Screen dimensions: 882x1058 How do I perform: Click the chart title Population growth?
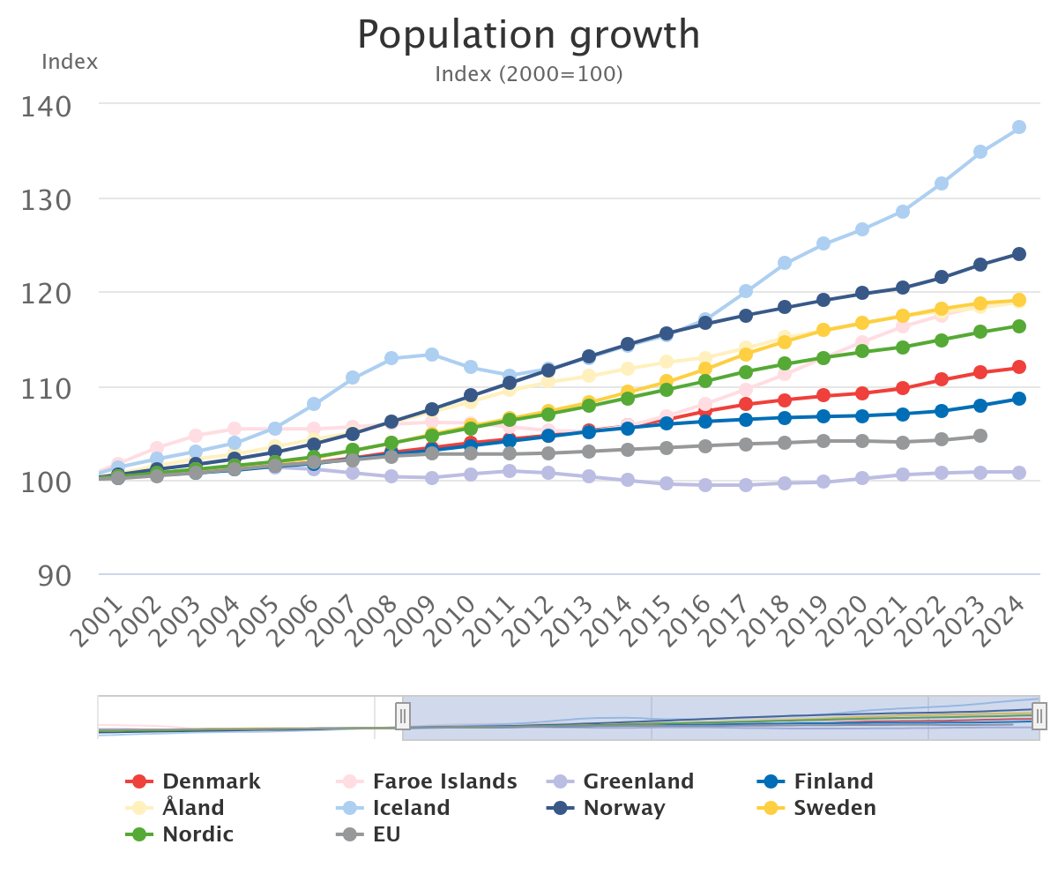[529, 35]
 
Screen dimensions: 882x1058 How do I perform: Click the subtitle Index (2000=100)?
[529, 74]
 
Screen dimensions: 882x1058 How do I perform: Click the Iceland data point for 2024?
[1019, 127]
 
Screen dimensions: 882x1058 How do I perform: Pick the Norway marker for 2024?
[1019, 254]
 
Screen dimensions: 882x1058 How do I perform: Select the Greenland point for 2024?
[1019, 473]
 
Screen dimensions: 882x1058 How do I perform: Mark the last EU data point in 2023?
[980, 436]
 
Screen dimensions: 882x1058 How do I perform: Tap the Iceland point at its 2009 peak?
[432, 355]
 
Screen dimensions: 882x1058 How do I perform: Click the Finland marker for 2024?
[1019, 399]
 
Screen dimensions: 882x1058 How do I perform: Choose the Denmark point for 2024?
[1019, 367]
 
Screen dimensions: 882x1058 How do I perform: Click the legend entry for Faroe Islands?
[444, 781]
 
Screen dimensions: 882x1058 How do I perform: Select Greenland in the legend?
[638, 781]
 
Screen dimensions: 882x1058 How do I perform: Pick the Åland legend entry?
[193, 808]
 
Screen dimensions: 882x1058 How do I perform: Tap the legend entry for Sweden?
[834, 808]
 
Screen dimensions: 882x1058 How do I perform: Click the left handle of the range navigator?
[403, 715]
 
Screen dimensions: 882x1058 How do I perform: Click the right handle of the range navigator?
[1039, 715]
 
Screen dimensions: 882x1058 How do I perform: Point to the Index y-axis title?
[70, 63]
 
